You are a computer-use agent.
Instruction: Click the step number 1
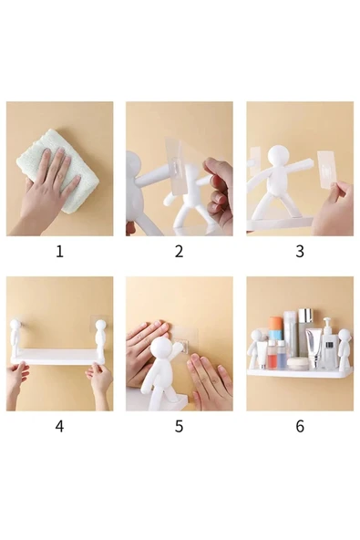pyautogui.click(x=59, y=251)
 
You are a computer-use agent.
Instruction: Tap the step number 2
pyautogui.click(x=179, y=251)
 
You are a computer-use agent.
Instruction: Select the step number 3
pyautogui.click(x=299, y=251)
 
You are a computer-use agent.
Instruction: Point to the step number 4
pyautogui.click(x=59, y=425)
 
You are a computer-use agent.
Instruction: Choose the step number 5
pyautogui.click(x=179, y=425)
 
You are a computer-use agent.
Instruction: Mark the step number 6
pyautogui.click(x=299, y=425)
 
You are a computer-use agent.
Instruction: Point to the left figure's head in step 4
pyautogui.click(x=15, y=325)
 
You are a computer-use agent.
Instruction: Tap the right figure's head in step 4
pyautogui.click(x=99, y=325)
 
